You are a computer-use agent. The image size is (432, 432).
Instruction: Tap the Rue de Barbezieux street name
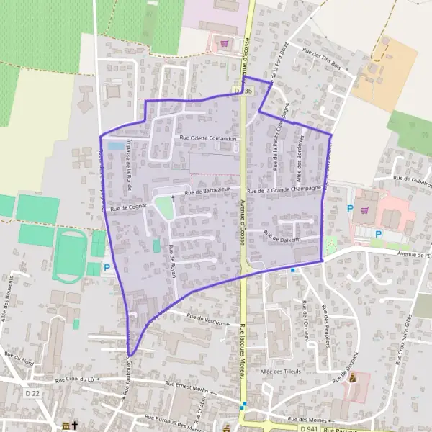click(208, 191)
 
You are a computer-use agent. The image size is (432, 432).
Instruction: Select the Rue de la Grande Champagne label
click(284, 191)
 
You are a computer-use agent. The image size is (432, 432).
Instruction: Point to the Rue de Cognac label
click(130, 207)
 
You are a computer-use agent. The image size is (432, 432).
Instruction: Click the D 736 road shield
click(243, 91)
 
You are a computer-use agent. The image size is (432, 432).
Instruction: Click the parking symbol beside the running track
click(107, 269)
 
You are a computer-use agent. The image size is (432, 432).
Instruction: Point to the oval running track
click(70, 256)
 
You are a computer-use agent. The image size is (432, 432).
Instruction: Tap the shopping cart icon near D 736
click(225, 43)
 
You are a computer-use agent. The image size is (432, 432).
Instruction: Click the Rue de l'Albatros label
click(412, 177)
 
